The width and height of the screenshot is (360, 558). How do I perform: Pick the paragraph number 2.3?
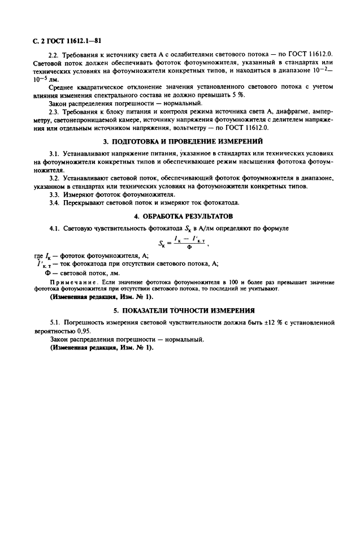pyautogui.click(x=55, y=111)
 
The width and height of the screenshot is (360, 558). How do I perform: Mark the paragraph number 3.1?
pyautogui.click(x=55, y=154)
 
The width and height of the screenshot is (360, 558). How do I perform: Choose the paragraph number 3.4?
pyautogui.click(x=55, y=203)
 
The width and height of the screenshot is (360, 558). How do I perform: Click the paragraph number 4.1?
pyautogui.click(x=55, y=228)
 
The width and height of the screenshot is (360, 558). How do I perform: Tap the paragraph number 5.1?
pyautogui.click(x=55, y=322)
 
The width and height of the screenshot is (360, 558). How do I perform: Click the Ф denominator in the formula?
pyautogui.click(x=189, y=248)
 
